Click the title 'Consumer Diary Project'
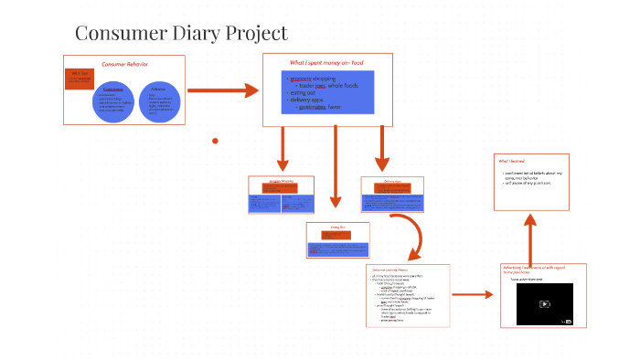pos(181,34)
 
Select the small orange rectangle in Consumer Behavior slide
pos(80,79)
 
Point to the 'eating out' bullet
pos(304,91)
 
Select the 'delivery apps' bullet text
pos(309,100)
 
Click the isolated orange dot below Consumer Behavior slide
pos(215,141)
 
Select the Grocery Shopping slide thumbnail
pos(282,195)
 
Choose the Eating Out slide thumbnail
pos(338,240)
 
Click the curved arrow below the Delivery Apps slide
pos(414,238)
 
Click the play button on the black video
pos(544,304)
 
